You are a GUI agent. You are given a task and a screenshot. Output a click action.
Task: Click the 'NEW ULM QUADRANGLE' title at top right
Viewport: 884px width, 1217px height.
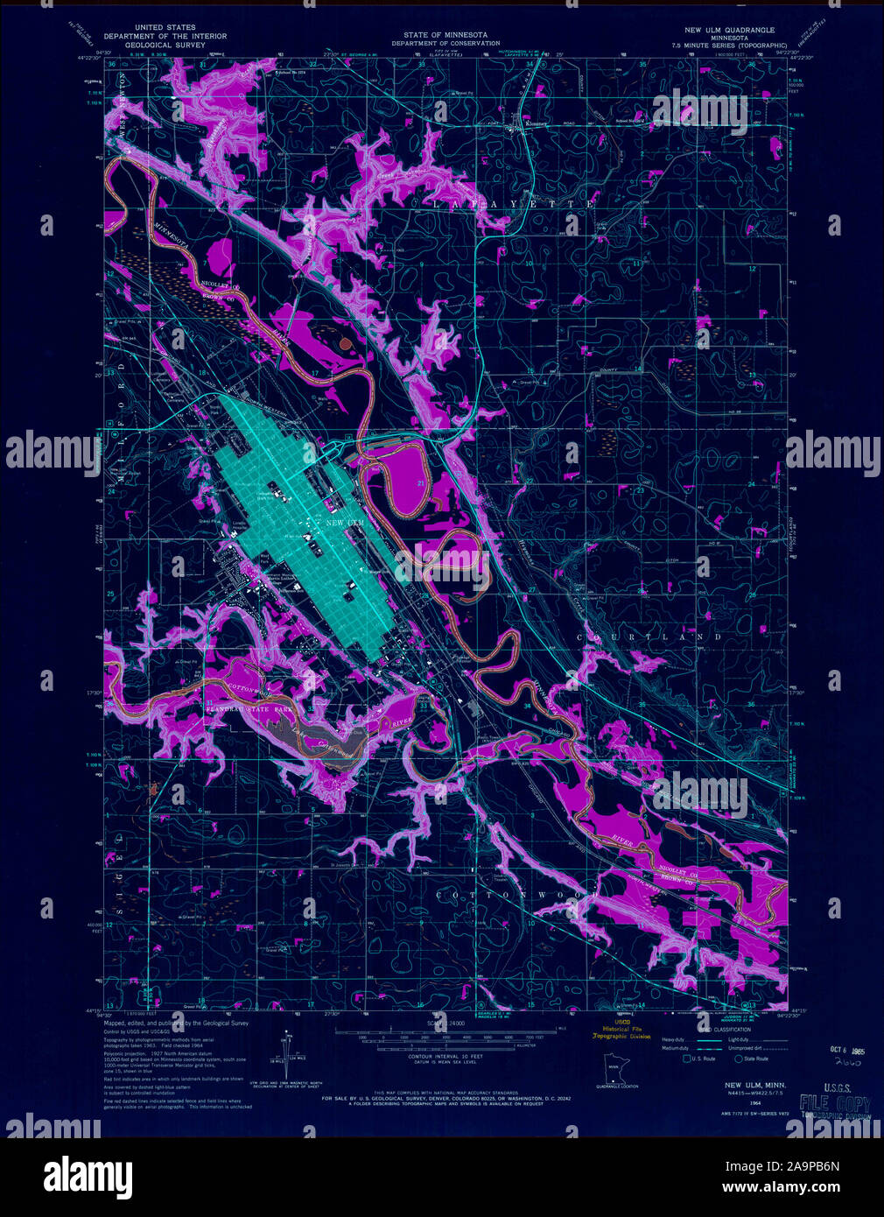735,30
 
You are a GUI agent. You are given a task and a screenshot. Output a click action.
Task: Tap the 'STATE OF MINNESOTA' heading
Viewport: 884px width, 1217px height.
446,34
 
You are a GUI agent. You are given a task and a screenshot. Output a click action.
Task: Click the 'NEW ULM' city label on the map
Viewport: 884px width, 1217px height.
344,523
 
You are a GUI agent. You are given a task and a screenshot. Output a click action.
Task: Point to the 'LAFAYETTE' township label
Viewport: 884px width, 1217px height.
514,204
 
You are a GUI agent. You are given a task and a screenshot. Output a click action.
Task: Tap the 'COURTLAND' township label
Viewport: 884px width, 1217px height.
649,637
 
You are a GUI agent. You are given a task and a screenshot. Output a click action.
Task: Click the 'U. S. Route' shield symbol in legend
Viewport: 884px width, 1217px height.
687,1059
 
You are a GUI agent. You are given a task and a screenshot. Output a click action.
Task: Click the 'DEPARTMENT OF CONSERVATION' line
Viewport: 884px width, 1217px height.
446,43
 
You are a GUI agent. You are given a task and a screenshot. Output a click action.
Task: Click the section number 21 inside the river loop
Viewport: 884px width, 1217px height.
420,483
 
